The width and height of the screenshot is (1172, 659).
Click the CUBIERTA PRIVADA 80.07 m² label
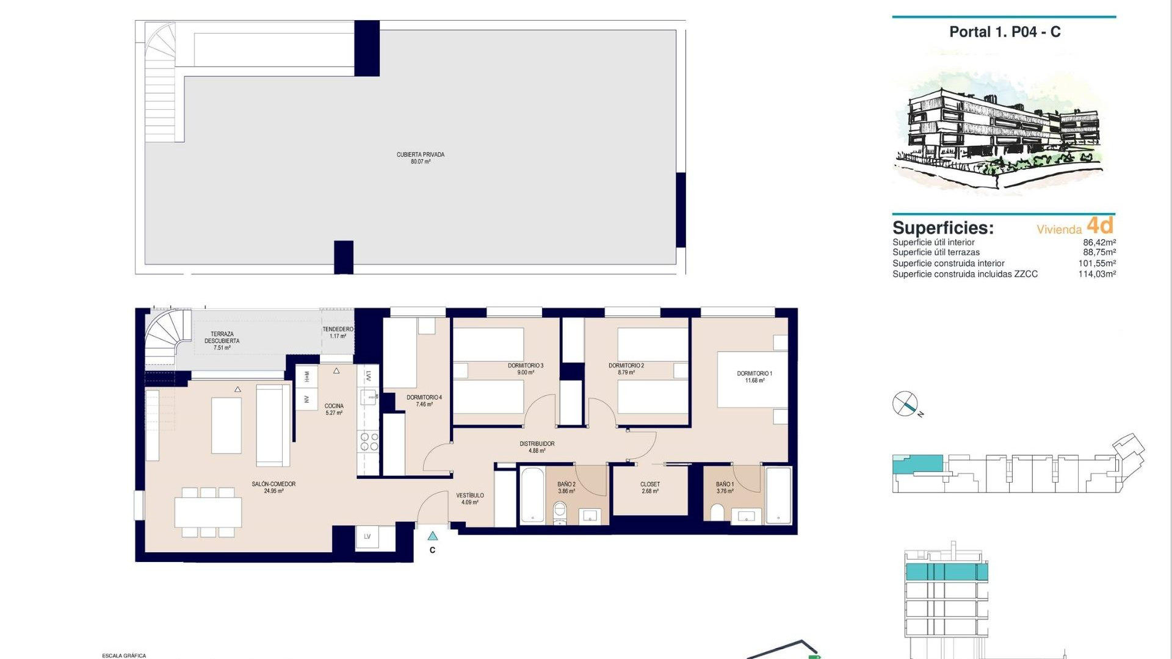click(x=421, y=158)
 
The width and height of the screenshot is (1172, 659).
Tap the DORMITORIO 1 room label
click(x=754, y=377)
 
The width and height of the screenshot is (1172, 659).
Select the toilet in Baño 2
click(x=560, y=513)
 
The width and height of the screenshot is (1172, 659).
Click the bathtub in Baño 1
click(x=778, y=495)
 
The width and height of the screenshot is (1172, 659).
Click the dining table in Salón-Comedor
click(x=208, y=513)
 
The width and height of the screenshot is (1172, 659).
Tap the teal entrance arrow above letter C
click(x=433, y=536)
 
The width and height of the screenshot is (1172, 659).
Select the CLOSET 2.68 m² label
click(x=650, y=488)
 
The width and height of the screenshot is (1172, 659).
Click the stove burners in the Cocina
click(x=369, y=442)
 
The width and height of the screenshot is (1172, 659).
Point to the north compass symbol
click(x=905, y=404)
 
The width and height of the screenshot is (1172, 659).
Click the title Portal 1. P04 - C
click(x=1005, y=32)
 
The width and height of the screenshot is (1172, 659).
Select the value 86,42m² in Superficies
click(x=1099, y=242)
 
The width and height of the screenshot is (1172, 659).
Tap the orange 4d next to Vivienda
click(x=1101, y=226)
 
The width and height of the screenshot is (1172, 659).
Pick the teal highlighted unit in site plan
click(x=917, y=463)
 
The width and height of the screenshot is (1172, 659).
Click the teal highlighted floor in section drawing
click(x=946, y=572)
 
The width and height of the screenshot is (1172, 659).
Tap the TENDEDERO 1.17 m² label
click(x=338, y=333)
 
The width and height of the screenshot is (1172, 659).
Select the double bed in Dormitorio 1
click(x=752, y=379)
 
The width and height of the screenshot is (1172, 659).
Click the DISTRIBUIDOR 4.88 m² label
click(x=537, y=447)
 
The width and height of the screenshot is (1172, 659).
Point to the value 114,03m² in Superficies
click(x=1097, y=275)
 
